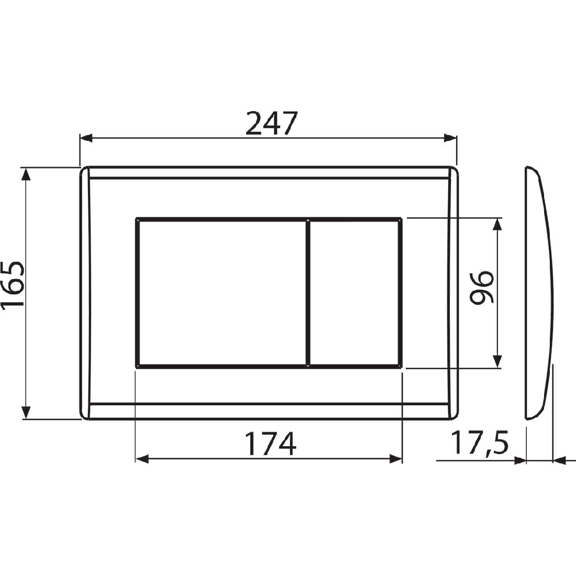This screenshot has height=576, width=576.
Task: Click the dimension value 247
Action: (270, 124)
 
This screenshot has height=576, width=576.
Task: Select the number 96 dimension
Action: (482, 287)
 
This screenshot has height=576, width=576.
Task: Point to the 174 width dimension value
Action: (270, 444)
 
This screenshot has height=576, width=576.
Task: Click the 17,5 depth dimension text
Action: (479, 444)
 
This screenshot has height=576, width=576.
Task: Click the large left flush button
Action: (222, 293)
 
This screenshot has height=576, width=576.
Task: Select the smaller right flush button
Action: (354, 293)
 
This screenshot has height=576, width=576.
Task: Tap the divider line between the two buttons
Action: (308, 293)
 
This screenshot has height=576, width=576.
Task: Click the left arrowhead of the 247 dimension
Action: (86, 138)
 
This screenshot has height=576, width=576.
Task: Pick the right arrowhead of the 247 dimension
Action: (450, 138)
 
